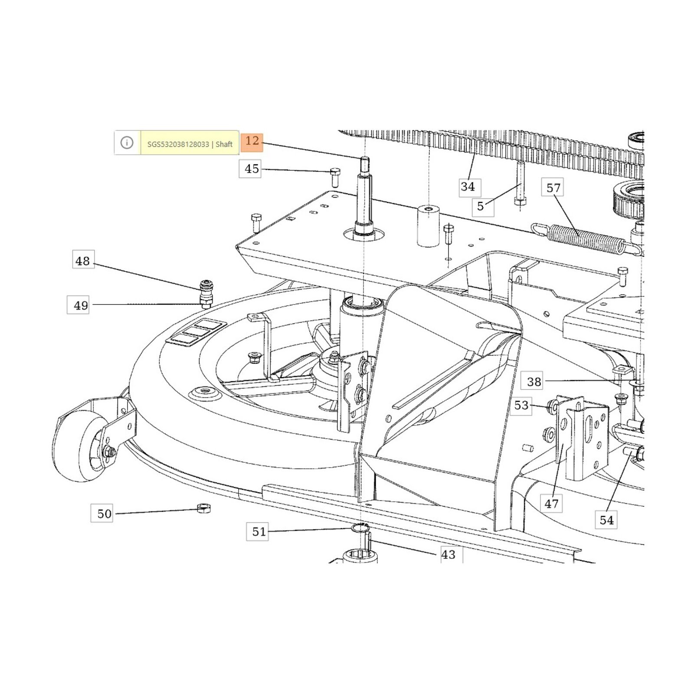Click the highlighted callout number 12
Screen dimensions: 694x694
(252, 141)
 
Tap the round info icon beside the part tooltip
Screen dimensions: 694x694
(127, 142)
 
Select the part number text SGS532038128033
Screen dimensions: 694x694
(178, 144)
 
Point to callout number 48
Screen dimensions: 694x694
(82, 261)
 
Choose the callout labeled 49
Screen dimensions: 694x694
(81, 305)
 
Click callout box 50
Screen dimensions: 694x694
(104, 514)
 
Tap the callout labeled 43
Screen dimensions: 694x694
(448, 554)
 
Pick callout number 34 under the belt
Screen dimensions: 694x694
(468, 187)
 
